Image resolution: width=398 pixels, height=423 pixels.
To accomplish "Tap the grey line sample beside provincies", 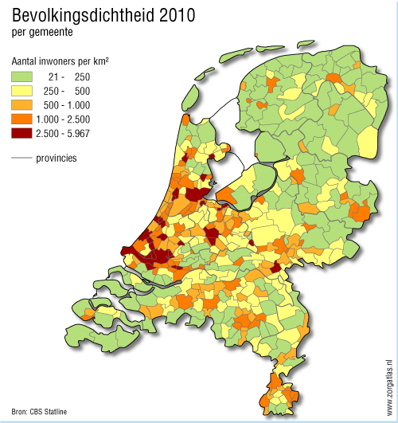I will click(22, 158).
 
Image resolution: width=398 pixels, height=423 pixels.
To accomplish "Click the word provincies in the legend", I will click(57, 158).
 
